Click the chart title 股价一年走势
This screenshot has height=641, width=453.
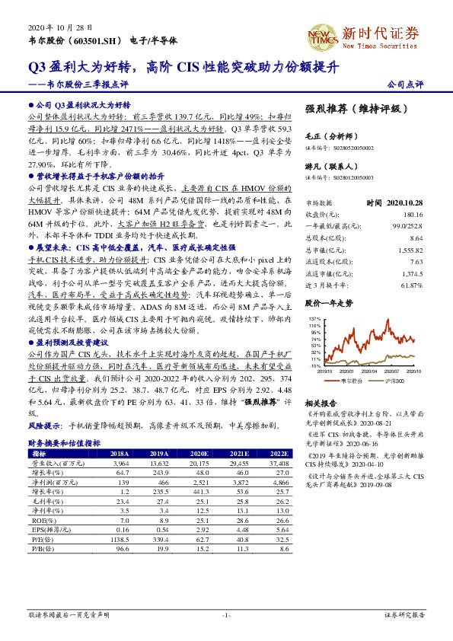[x=329, y=303]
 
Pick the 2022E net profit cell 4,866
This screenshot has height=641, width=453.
[x=281, y=482]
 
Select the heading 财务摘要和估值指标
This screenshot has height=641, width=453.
[x=65, y=442]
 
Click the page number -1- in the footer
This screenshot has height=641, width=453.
[x=226, y=615]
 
